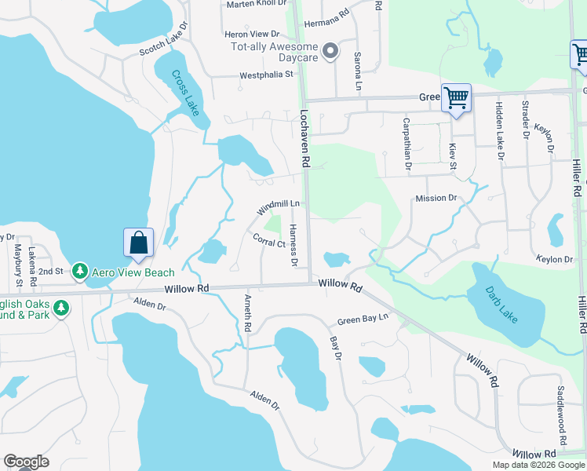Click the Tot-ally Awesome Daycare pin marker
330,53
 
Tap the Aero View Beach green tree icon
79,271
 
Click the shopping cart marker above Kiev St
456,99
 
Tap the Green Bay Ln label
363,319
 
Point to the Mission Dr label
436,199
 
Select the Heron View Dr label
252,35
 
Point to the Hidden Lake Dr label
498,130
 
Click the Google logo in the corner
26,462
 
